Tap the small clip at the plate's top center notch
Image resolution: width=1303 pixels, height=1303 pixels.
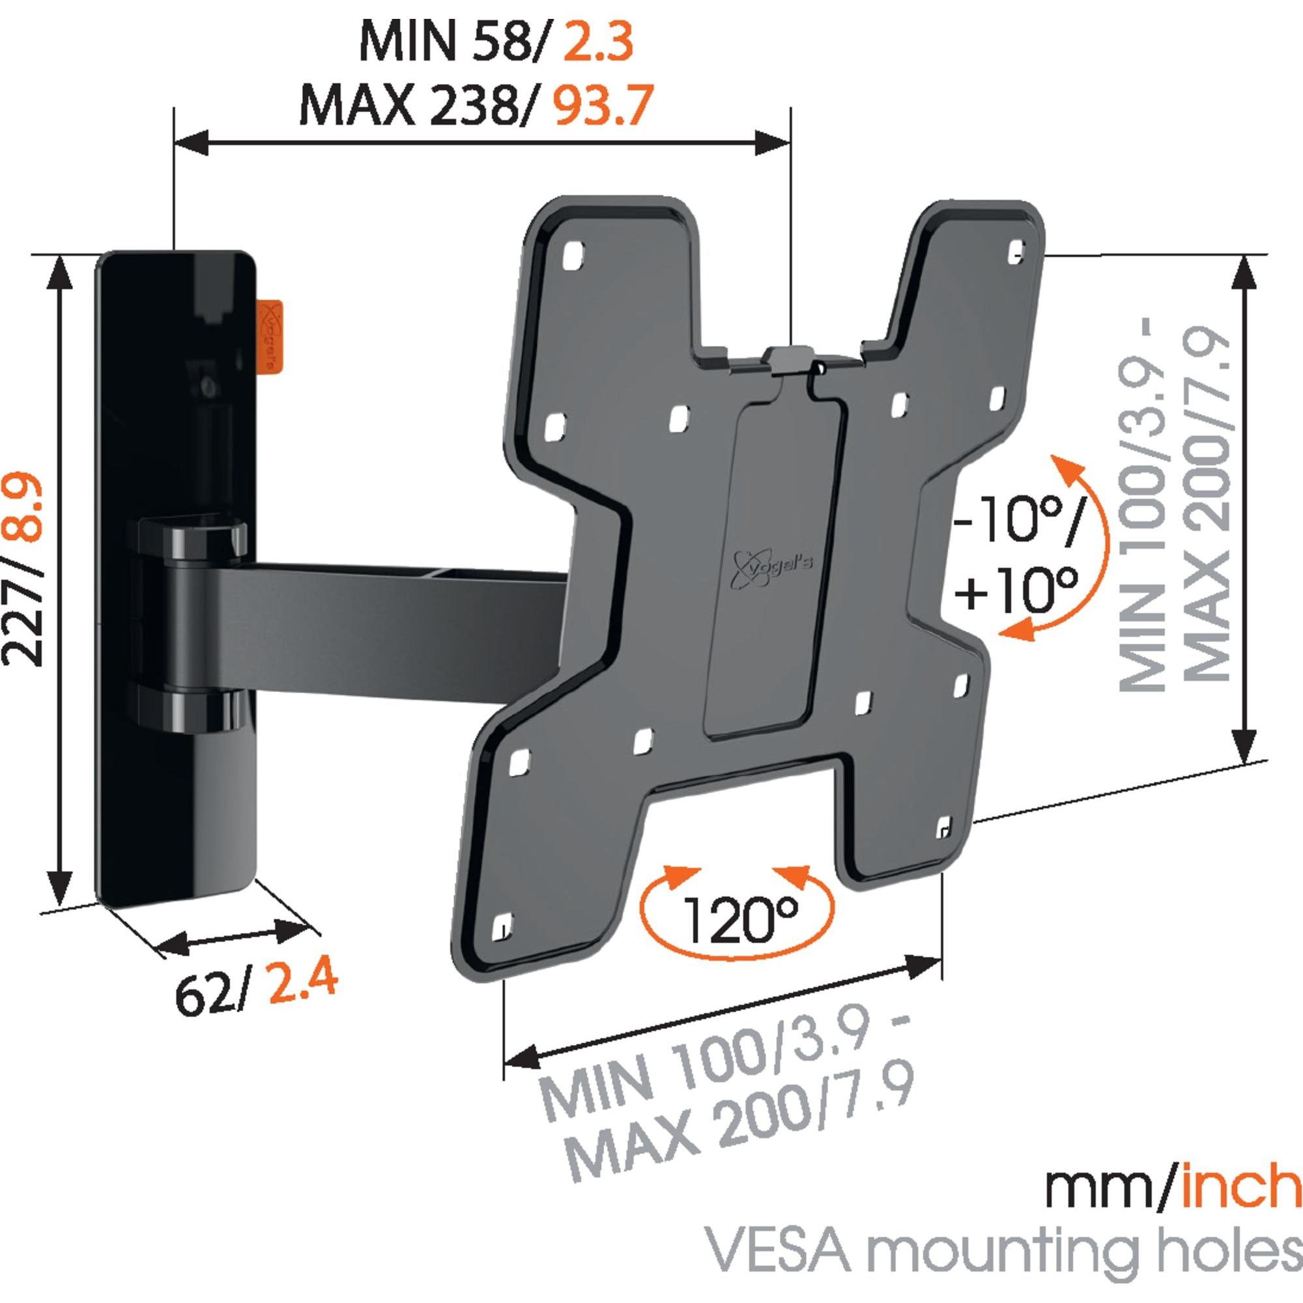click(790, 358)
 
